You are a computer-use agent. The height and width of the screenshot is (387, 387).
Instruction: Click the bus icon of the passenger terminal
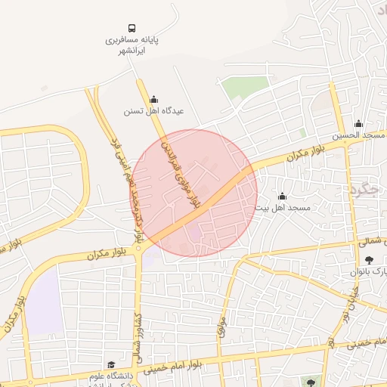(132, 27)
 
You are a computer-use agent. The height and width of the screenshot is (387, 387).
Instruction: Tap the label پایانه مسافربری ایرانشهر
(132, 44)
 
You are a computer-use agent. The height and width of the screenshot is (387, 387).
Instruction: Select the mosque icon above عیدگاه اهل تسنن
(154, 99)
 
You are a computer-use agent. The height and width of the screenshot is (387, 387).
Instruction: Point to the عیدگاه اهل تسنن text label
(154, 111)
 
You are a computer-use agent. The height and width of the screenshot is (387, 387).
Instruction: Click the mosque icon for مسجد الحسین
(358, 124)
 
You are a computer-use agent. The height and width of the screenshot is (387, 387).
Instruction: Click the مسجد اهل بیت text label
(282, 207)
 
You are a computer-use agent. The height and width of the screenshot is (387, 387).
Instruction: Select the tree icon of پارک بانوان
(358, 259)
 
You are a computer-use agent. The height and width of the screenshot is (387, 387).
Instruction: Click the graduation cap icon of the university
(111, 365)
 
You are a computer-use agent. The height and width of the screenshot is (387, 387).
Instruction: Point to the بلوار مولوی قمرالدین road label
(182, 170)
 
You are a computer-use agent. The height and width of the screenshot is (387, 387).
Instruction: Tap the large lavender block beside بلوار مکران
(45, 302)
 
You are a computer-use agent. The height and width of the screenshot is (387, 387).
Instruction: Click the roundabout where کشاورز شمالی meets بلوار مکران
(139, 249)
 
